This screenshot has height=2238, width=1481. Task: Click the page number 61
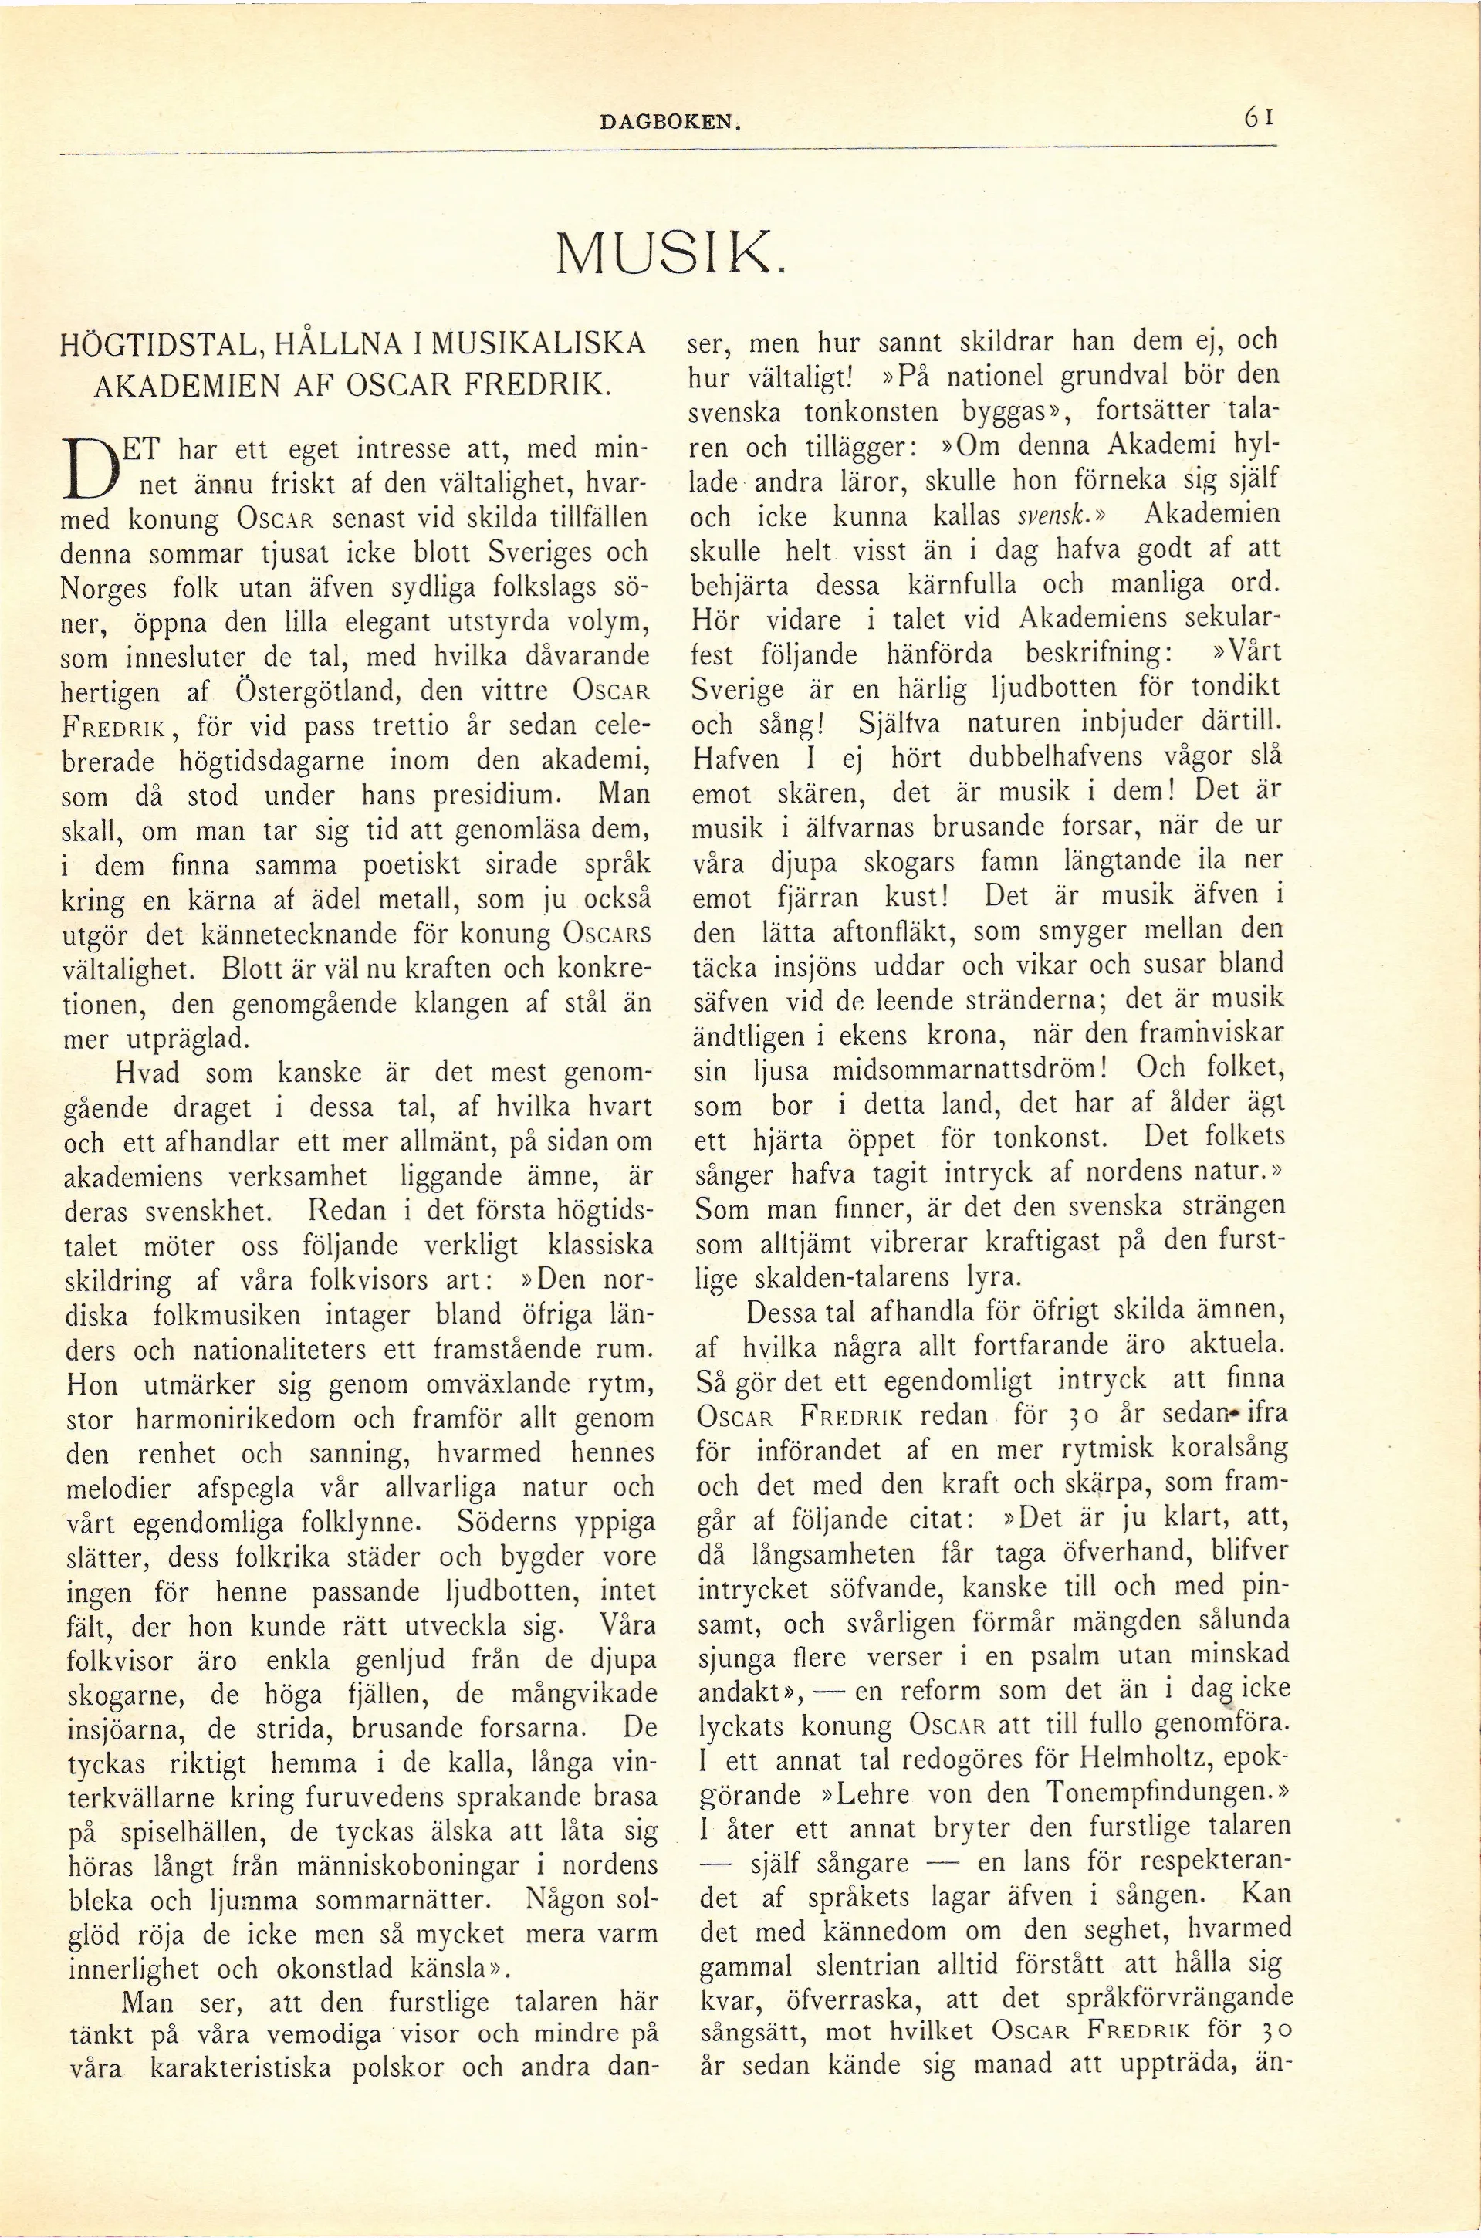1260,117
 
